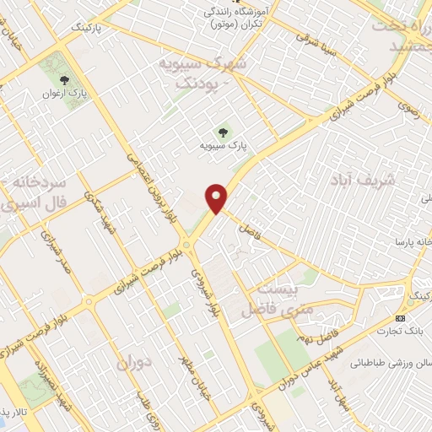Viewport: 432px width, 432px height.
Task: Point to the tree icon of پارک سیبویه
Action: pos(223,132)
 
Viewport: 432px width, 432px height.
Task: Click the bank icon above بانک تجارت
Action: pos(399,318)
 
